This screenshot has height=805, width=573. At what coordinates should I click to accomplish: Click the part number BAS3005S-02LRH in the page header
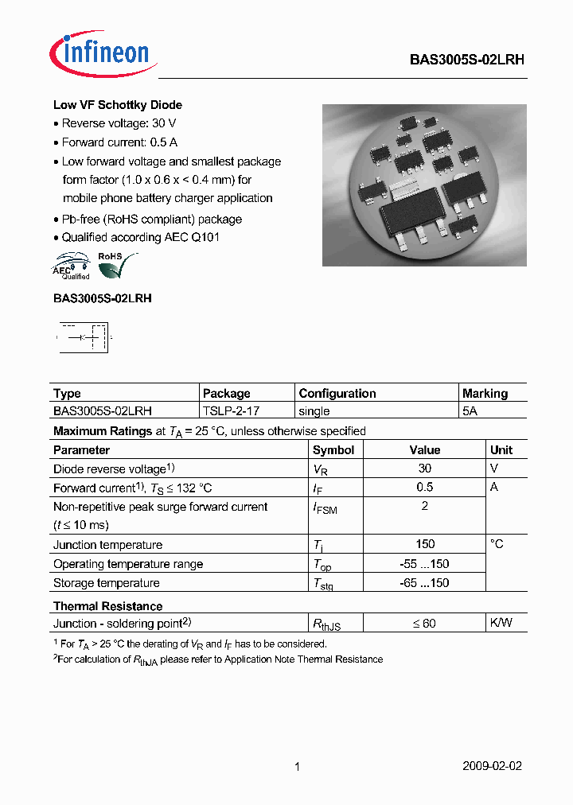coord(466,59)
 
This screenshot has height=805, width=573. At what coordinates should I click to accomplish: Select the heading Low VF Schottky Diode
coord(118,105)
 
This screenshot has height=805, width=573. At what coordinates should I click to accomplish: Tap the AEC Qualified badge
coord(72,266)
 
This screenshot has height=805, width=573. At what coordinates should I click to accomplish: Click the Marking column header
coord(484,393)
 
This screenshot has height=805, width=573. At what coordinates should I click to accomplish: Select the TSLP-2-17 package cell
coord(231,411)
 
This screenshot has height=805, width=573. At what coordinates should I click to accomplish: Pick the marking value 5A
coord(470,411)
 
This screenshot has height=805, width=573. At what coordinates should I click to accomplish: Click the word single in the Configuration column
coord(314,411)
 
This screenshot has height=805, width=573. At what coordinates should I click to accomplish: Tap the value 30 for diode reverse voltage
coord(425,469)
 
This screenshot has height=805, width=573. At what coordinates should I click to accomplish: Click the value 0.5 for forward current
coord(425,487)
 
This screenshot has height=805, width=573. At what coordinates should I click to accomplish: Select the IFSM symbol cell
coord(325,508)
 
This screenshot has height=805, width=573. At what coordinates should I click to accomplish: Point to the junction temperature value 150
coord(425,544)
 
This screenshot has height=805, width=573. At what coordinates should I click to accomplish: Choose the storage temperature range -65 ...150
coord(425,583)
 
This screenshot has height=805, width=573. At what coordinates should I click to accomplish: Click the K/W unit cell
coord(501,623)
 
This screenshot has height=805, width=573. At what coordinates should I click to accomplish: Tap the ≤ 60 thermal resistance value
coord(424,624)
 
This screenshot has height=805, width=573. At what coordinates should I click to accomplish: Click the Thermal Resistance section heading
coord(107,606)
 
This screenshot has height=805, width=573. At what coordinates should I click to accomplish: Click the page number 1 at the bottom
coord(297,767)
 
